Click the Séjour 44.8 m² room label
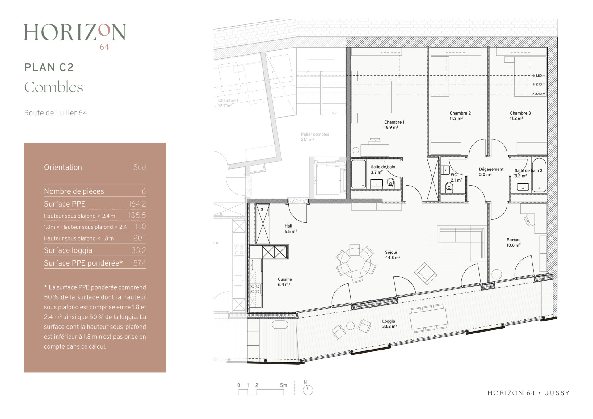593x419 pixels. pos(392,255)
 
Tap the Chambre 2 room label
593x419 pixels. pos(460,113)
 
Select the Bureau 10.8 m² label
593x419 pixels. pos(513,243)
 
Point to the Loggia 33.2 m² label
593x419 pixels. pos(389,324)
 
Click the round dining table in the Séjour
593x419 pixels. pos(355,263)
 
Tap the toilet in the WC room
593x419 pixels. pos(449,187)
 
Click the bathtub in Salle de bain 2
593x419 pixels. pos(539,175)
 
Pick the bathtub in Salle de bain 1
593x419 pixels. pos(359,174)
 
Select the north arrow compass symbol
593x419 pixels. pos(308,390)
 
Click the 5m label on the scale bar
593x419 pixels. pos(284,385)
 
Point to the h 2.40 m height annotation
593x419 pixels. pos(539,94)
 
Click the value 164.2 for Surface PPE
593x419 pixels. pos(137,204)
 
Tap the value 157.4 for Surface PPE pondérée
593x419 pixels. pos(138,263)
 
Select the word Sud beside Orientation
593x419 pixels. pos(140,167)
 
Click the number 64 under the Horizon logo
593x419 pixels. pos(104,47)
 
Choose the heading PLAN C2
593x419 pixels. pos(49,67)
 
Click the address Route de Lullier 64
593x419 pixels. pos(56,113)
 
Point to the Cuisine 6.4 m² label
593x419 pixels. pos(285,282)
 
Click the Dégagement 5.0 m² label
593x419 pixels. pos(491,172)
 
